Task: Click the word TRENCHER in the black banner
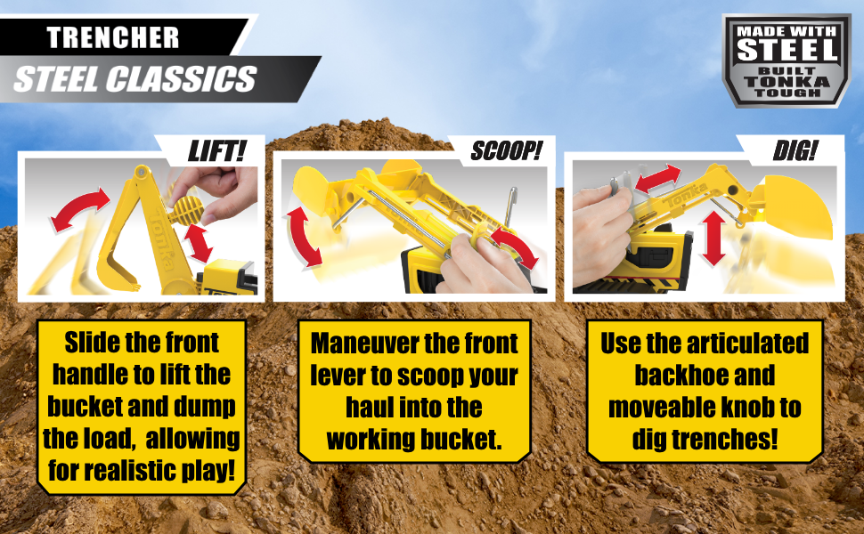point(113,37)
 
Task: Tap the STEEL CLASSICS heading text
point(135,79)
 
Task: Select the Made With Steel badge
point(787,61)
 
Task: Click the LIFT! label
point(216,150)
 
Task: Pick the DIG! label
point(795,150)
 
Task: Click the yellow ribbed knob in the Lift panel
point(186,210)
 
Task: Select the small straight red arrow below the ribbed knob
point(198,243)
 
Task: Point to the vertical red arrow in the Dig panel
point(713,239)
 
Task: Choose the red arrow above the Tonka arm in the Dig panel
point(658,178)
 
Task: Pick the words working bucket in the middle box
point(414,440)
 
